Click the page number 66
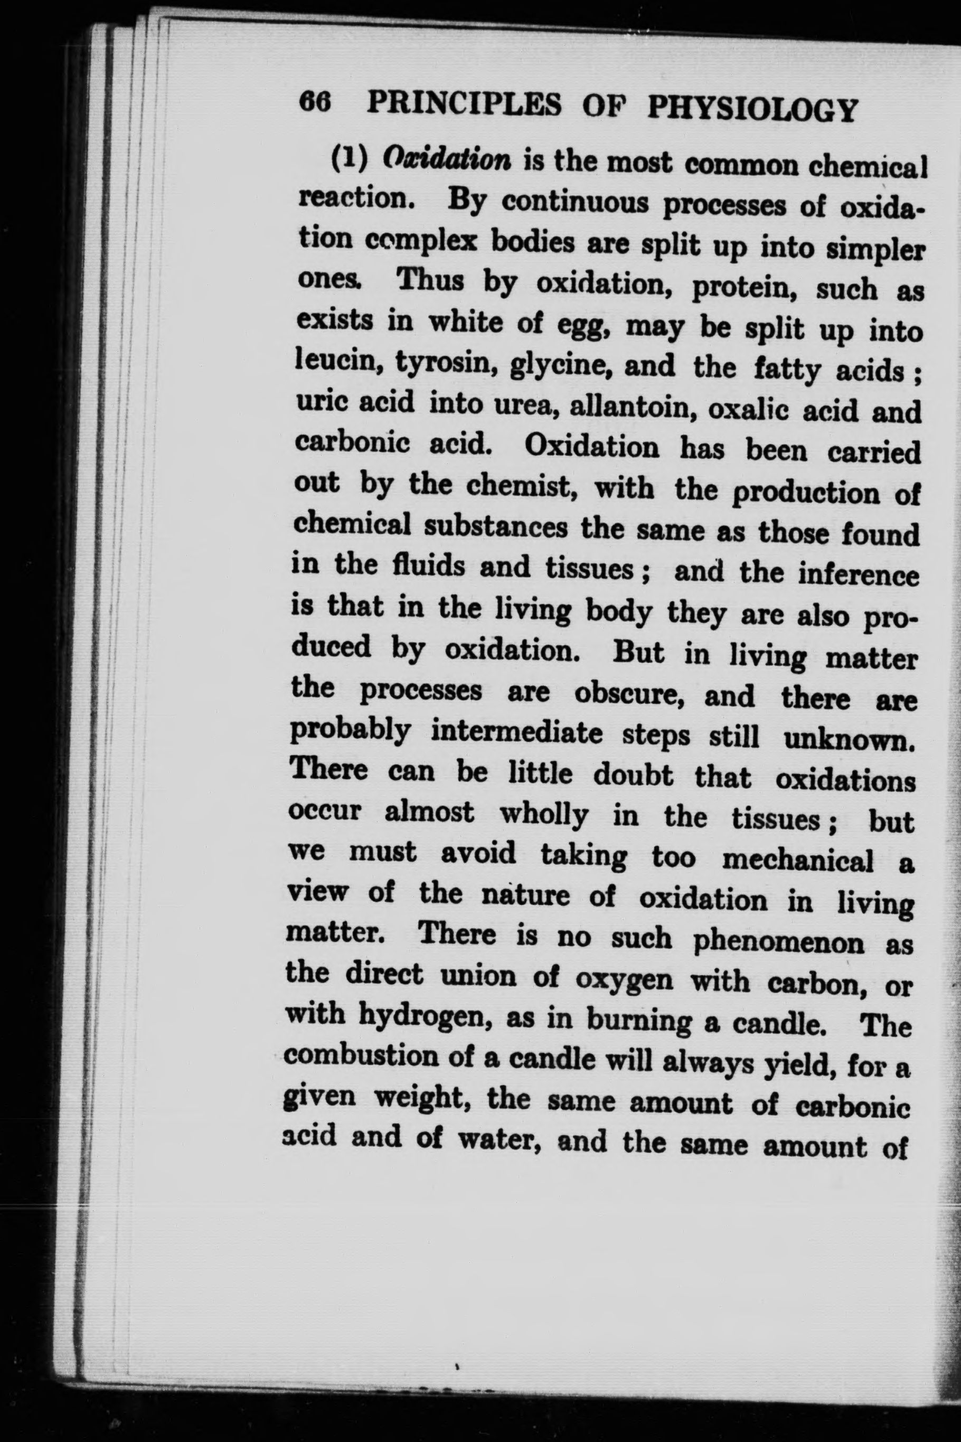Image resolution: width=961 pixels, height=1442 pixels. click(315, 101)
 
